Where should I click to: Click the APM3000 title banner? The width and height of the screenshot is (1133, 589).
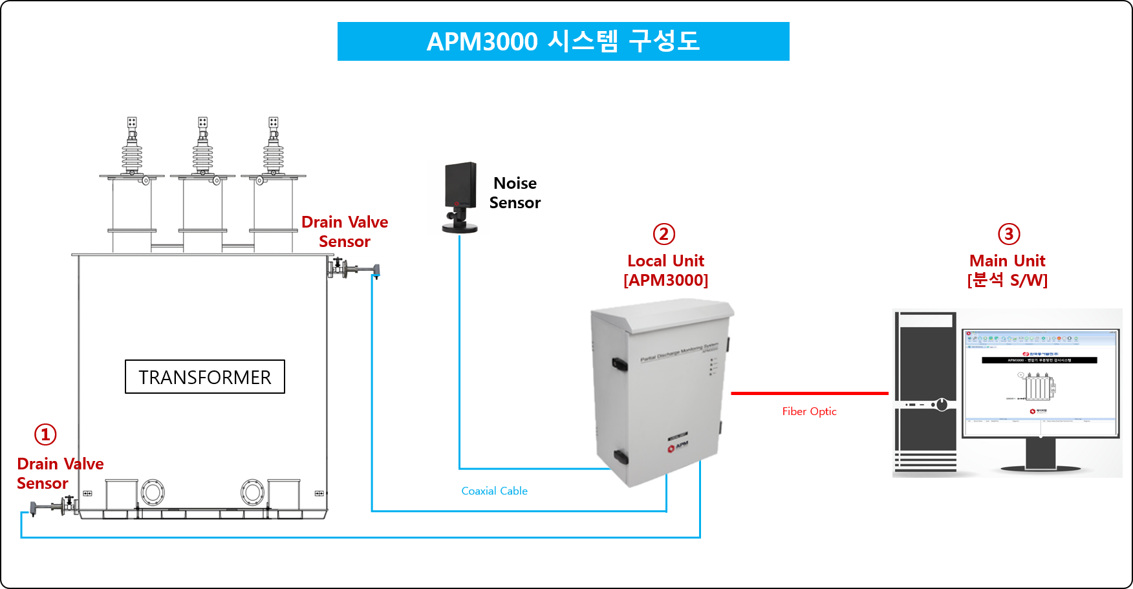click(x=563, y=41)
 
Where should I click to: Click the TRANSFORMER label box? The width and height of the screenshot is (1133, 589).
click(x=204, y=377)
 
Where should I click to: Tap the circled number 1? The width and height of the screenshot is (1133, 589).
click(x=45, y=434)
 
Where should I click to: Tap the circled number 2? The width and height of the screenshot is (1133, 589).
click(x=664, y=234)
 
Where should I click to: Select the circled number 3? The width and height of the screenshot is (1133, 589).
click(x=1009, y=234)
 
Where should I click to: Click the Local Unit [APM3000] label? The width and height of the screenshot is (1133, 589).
click(x=665, y=270)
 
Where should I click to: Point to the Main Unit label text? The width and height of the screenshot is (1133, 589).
click(x=1007, y=261)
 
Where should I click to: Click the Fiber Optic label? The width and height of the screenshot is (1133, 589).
click(x=809, y=411)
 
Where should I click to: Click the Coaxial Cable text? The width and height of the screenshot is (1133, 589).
click(x=494, y=491)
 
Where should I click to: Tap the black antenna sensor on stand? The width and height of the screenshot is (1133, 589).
click(x=459, y=197)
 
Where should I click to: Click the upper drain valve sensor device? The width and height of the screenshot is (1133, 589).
click(x=359, y=269)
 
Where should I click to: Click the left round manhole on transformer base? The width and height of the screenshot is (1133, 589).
click(x=153, y=493)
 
